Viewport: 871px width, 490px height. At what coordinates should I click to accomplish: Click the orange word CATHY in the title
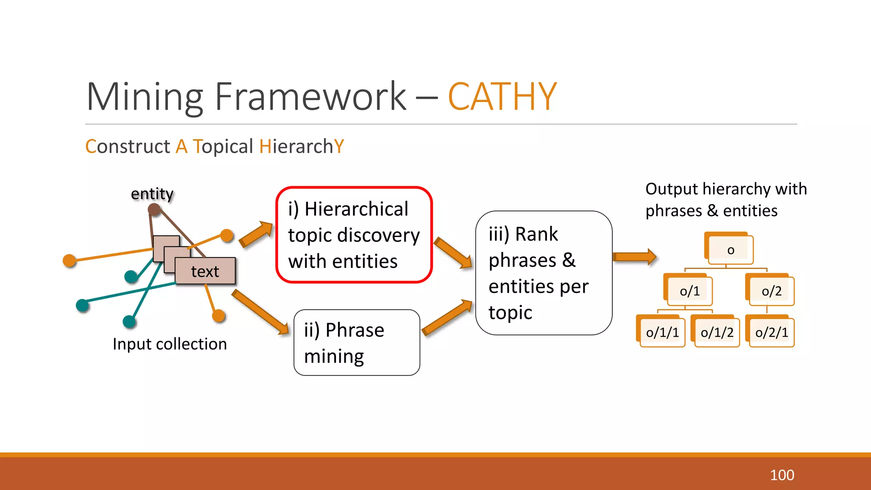click(502, 97)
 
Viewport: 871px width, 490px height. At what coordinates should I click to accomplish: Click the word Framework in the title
click(310, 97)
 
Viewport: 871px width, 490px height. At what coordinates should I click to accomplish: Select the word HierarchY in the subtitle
click(301, 146)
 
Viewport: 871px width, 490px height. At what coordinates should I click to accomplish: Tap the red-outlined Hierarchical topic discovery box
click(354, 235)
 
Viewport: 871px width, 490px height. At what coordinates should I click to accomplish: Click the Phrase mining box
click(356, 343)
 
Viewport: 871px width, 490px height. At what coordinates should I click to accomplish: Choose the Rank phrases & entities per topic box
click(544, 273)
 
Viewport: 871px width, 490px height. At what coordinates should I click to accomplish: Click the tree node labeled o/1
click(689, 291)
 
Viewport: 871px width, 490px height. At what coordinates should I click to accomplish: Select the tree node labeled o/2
click(771, 291)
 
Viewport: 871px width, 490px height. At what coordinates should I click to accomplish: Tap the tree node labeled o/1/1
click(662, 333)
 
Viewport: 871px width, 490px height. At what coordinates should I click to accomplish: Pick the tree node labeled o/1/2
click(717, 333)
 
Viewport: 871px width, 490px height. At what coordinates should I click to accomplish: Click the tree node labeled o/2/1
click(771, 333)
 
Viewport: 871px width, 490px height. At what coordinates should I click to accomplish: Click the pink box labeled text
click(205, 271)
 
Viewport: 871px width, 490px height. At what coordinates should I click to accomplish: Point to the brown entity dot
click(154, 209)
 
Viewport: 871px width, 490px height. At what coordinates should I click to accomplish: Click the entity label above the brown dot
click(152, 194)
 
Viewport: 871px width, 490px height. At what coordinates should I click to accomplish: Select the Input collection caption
click(170, 344)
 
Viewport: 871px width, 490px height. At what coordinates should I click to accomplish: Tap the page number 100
click(782, 475)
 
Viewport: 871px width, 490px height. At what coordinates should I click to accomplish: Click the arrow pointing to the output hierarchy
click(635, 257)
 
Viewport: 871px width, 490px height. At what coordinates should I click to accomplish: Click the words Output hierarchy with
click(726, 189)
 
